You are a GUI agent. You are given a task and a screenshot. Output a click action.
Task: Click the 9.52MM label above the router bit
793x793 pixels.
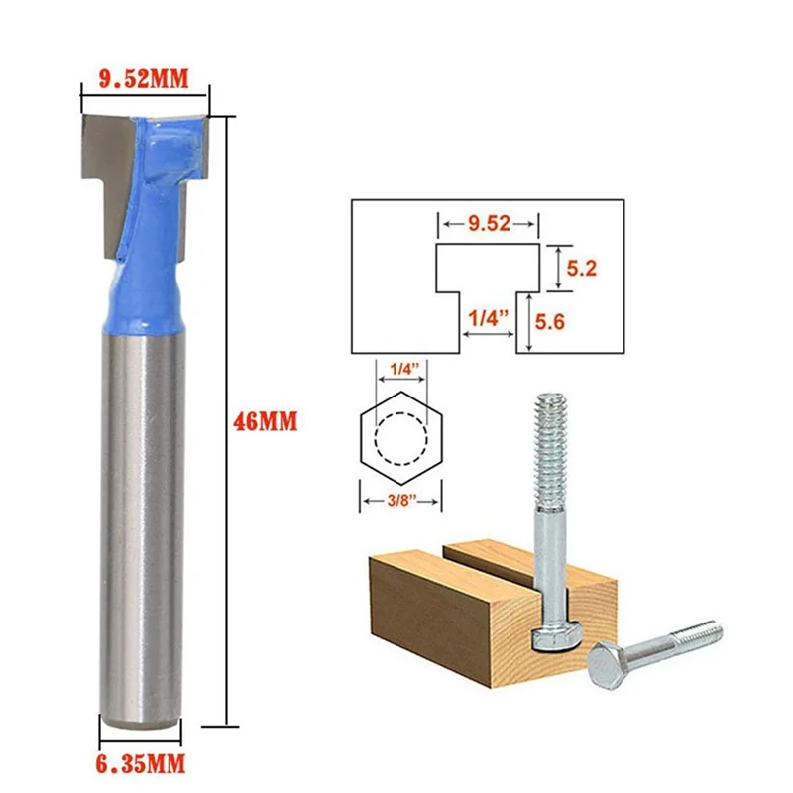(143, 80)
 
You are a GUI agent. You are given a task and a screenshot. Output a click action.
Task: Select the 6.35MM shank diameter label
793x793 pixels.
(143, 764)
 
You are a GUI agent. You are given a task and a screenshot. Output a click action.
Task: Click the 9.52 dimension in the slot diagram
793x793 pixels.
(490, 224)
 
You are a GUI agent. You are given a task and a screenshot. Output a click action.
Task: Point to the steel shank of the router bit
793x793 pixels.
(143, 525)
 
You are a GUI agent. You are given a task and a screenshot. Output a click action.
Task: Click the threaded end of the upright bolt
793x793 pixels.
(550, 436)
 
